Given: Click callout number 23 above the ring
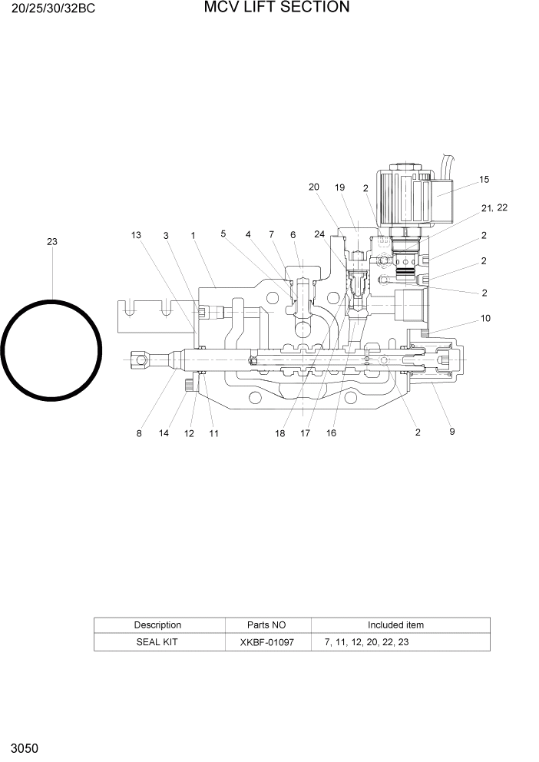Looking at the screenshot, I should pyautogui.click(x=51, y=242).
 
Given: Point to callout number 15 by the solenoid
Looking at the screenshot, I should pyautogui.click(x=484, y=180).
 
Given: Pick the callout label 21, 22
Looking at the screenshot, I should pyautogui.click(x=494, y=208).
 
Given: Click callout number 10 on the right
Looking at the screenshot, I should pyautogui.click(x=485, y=318).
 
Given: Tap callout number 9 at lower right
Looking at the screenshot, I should pyautogui.click(x=452, y=432).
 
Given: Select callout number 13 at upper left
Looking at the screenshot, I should pyautogui.click(x=136, y=235).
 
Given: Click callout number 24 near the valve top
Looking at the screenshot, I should pyautogui.click(x=319, y=234).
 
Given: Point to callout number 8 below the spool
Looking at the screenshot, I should pyautogui.click(x=139, y=433).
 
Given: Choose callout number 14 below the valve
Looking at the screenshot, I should pyautogui.click(x=164, y=433).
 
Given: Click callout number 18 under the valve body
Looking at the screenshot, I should pyautogui.click(x=279, y=433).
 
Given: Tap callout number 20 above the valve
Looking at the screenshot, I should pyautogui.click(x=313, y=187).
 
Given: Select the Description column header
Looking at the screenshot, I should pyautogui.click(x=157, y=625).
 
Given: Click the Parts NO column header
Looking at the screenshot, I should pyautogui.click(x=266, y=625).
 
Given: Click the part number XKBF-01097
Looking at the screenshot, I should pyautogui.click(x=266, y=641).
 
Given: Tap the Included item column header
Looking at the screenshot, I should pyautogui.click(x=395, y=625).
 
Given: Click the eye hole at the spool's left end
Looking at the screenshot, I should pyautogui.click(x=139, y=357).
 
